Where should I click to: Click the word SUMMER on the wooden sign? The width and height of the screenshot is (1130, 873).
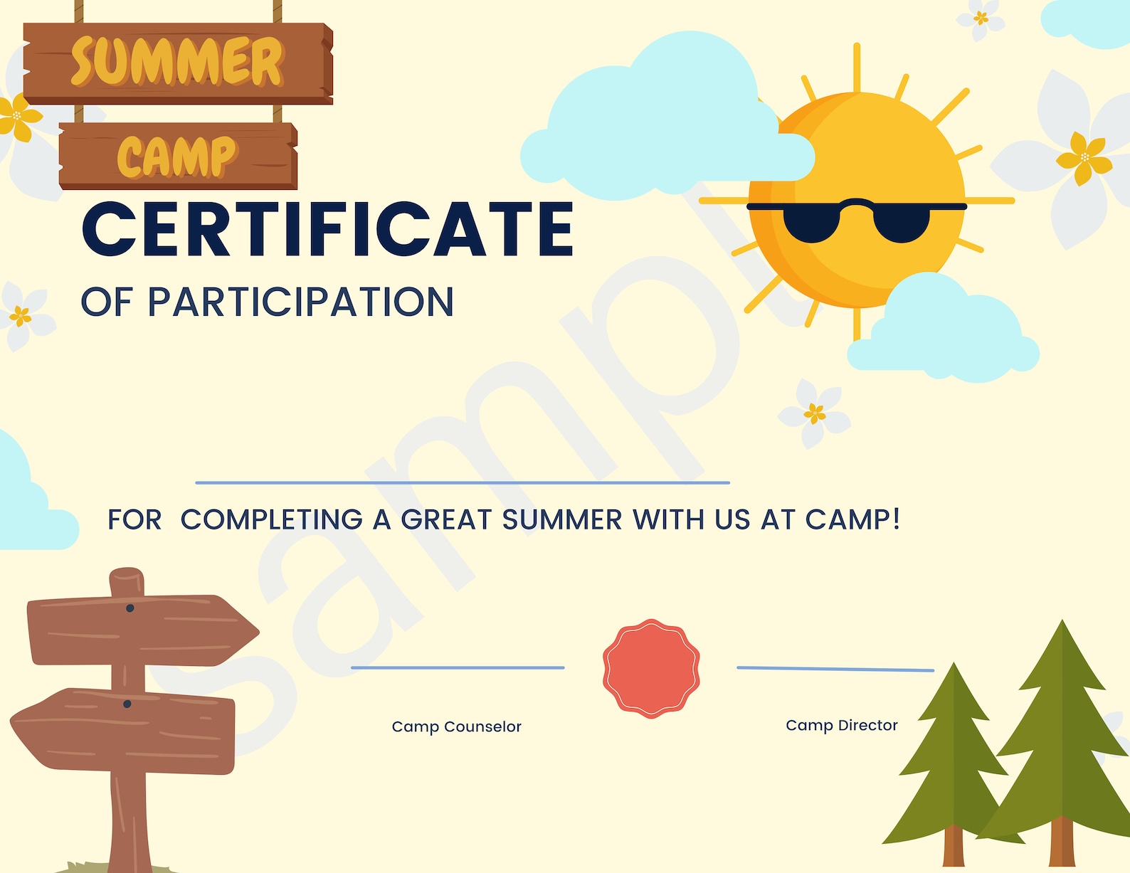(x=177, y=62)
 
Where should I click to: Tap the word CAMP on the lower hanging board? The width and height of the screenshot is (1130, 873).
(x=176, y=157)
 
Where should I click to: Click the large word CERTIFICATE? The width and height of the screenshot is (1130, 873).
(x=327, y=229)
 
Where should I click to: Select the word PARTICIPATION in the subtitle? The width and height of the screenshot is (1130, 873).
(x=300, y=302)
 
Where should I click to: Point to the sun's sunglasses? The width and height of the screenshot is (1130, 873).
(x=856, y=220)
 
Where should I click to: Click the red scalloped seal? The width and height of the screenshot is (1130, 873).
(x=651, y=668)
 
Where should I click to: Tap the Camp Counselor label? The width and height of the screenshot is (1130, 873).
(x=456, y=726)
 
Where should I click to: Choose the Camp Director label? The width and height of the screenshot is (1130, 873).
(x=841, y=725)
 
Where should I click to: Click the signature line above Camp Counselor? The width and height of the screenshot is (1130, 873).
(x=458, y=667)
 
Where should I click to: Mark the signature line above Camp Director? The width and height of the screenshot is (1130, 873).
(x=835, y=669)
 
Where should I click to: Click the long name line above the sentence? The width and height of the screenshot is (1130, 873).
(x=463, y=482)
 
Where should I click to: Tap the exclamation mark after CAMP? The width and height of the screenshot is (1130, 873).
(x=896, y=518)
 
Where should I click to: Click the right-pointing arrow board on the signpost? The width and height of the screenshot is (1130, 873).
(x=142, y=630)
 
